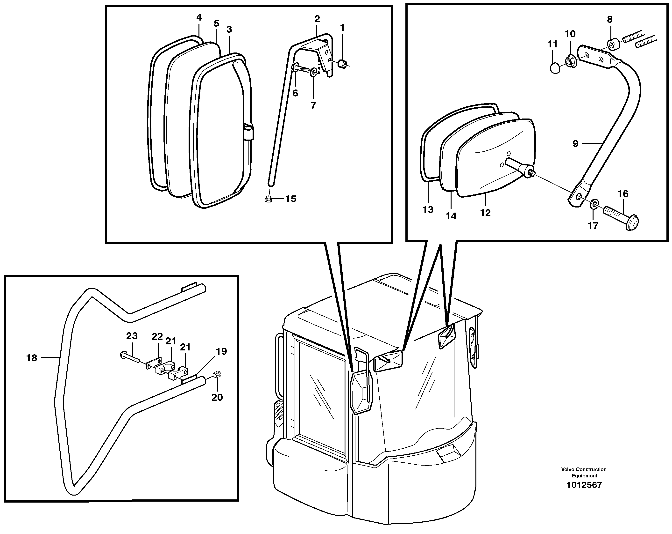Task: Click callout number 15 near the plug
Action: click(x=290, y=199)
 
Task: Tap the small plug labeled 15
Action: click(x=268, y=199)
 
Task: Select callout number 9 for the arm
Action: click(x=575, y=144)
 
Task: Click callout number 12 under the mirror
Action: click(x=485, y=213)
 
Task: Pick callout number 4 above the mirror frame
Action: click(x=199, y=17)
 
